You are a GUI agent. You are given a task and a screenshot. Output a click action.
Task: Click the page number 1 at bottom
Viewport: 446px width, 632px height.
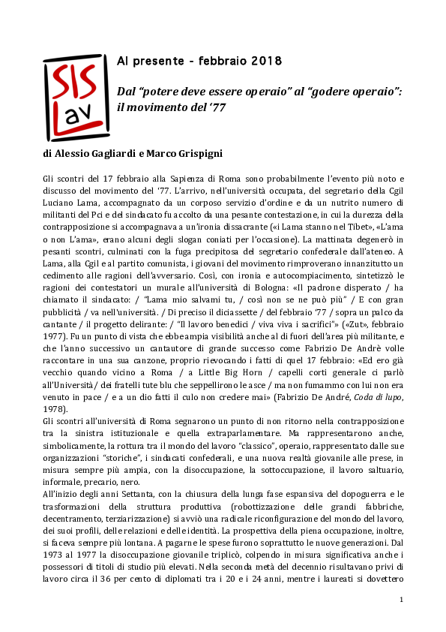[x=402, y=599]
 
